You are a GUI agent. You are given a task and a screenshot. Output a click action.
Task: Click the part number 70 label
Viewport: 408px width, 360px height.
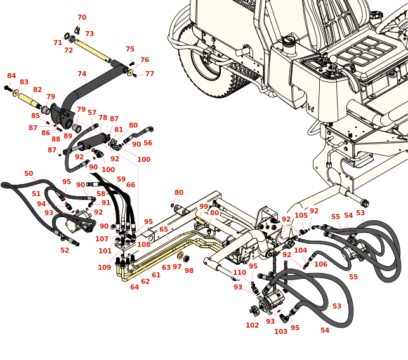click(x=82, y=18)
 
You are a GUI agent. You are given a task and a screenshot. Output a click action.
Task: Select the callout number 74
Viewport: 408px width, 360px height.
click(x=82, y=74)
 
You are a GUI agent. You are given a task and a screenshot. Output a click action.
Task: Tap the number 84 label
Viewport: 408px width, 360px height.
click(x=11, y=76)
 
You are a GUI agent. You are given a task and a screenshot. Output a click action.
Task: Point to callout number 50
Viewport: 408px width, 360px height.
click(x=29, y=174)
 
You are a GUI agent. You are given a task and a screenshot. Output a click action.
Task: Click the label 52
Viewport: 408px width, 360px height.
click(x=65, y=251)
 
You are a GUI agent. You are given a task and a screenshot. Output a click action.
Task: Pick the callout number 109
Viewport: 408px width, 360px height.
click(x=104, y=268)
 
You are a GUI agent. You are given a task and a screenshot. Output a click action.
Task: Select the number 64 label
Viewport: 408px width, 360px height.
click(x=135, y=288)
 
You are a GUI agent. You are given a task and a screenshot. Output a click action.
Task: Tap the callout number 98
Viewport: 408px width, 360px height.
click(x=189, y=271)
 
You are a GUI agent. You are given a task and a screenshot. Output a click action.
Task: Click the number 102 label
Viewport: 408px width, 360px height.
click(x=253, y=326)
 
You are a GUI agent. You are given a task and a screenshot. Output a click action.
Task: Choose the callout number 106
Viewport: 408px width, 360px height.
click(x=321, y=265)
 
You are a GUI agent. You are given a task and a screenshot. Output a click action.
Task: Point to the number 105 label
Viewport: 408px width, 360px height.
click(x=301, y=216)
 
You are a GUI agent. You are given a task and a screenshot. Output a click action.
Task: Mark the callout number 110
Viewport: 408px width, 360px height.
click(x=239, y=273)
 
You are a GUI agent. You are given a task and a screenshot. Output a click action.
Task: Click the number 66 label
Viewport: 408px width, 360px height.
click(x=131, y=185)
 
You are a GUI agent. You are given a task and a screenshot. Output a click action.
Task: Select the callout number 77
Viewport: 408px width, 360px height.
click(x=150, y=74)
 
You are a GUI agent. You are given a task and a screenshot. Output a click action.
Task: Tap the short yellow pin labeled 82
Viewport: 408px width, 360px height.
click(x=29, y=99)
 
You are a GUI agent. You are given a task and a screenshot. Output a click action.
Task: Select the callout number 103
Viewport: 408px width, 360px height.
click(x=281, y=332)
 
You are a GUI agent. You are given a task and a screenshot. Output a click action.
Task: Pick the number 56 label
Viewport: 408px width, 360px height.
click(x=148, y=143)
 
